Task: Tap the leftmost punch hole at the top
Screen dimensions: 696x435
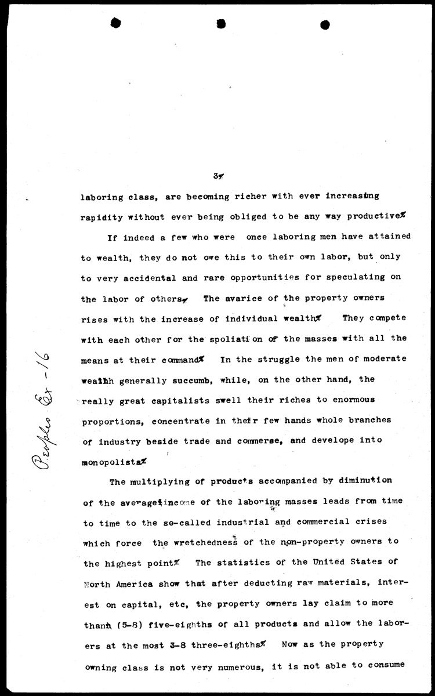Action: point(115,23)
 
